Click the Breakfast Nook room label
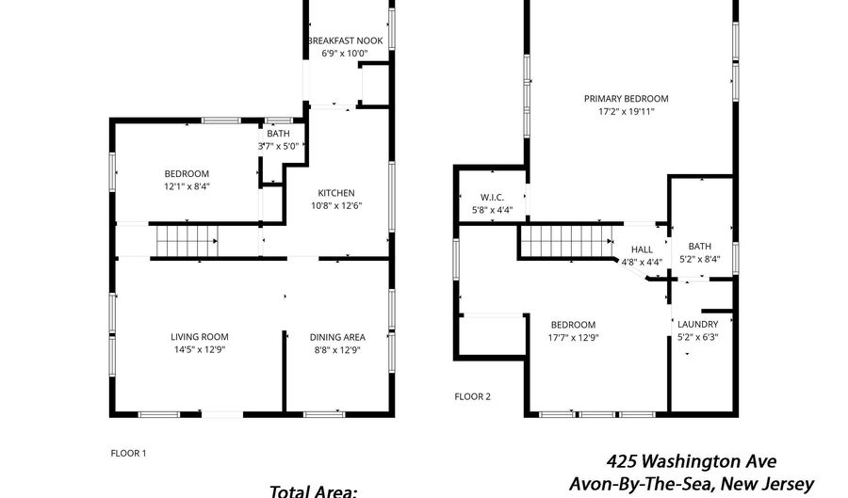pyautogui.click(x=345, y=40)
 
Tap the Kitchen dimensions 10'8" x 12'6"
pyautogui.click(x=336, y=206)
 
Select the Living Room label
pyautogui.click(x=200, y=337)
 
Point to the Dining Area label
pyautogui.click(x=337, y=337)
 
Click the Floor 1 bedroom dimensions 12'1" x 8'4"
pyautogui.click(x=188, y=187)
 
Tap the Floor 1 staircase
pyautogui.click(x=188, y=241)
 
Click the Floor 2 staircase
pyautogui.click(x=567, y=241)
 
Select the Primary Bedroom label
pyautogui.click(x=627, y=99)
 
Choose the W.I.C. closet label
pyautogui.click(x=492, y=198)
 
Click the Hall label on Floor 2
pyautogui.click(x=642, y=249)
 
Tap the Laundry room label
pyautogui.click(x=697, y=325)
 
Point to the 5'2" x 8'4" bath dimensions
pyautogui.click(x=700, y=259)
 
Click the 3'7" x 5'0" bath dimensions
pyautogui.click(x=278, y=146)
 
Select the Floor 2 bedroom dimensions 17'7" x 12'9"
pyautogui.click(x=573, y=338)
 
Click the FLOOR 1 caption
pyautogui.click(x=128, y=454)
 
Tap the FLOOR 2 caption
pyautogui.click(x=472, y=397)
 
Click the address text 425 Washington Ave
pyautogui.click(x=692, y=462)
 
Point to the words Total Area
pyautogui.click(x=313, y=491)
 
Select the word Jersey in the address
pyautogui.click(x=790, y=484)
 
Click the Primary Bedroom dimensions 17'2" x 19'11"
pyautogui.click(x=627, y=112)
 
